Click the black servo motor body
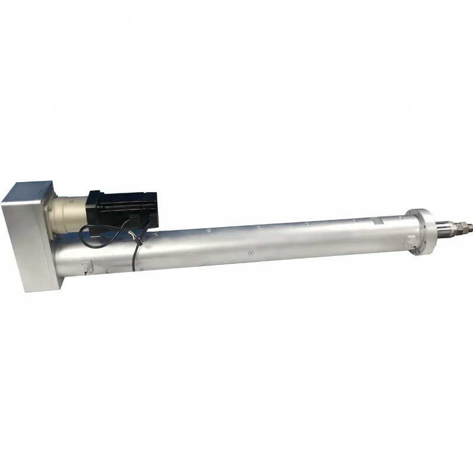tap(121, 204)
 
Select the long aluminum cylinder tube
tap(266, 242)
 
